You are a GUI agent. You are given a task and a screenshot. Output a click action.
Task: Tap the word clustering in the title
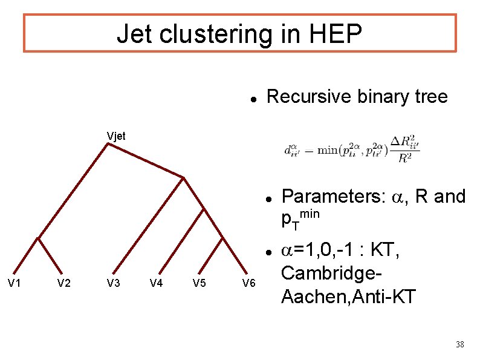tap(211, 34)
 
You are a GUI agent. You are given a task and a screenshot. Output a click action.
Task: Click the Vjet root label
tap(115, 136)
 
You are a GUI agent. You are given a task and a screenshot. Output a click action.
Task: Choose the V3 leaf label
tap(113, 283)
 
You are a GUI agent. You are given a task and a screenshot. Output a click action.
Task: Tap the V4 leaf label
tap(156, 283)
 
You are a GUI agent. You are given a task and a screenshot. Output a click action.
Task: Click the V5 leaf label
tap(199, 283)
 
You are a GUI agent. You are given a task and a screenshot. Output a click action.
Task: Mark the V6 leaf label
tap(248, 283)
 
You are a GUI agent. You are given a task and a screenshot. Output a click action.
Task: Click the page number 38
tap(459, 345)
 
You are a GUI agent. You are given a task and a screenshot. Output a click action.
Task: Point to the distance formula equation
tap(352, 150)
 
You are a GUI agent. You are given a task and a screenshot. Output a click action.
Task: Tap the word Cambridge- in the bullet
tap(331, 273)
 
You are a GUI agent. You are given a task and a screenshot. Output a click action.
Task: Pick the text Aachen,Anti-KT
tap(348, 296)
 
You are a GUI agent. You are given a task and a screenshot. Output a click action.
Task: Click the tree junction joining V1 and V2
tap(37, 238)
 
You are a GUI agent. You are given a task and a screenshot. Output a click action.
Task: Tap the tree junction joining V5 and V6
tap(223, 239)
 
